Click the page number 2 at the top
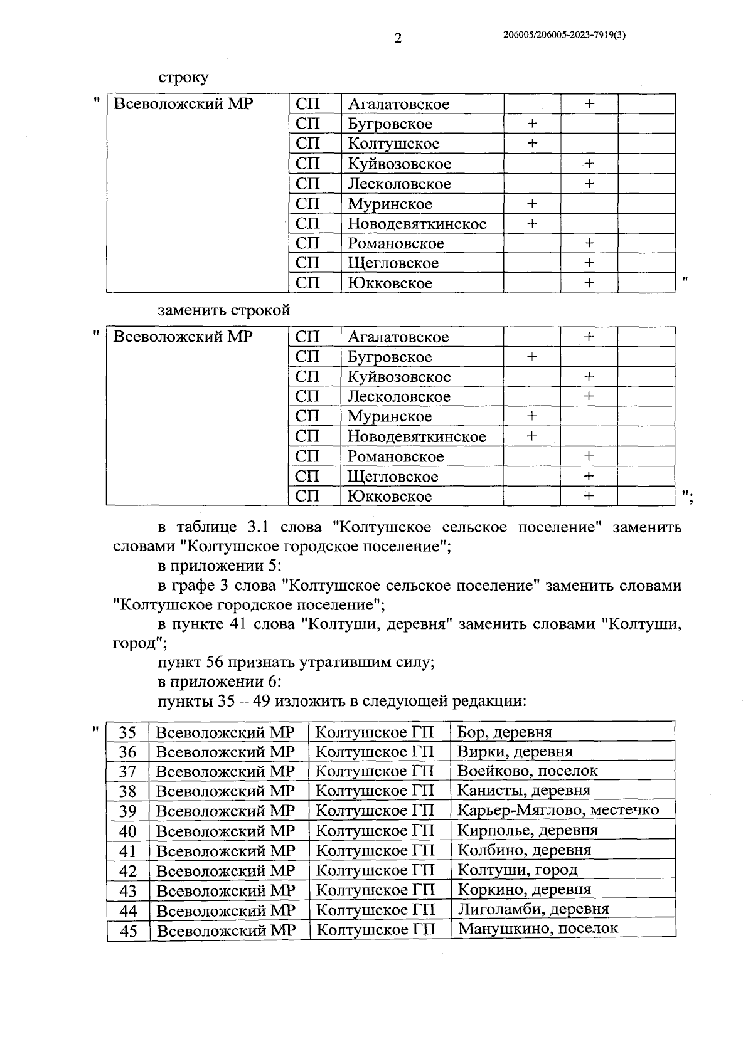click(397, 39)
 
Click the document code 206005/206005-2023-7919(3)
click(564, 36)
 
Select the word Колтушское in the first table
click(393, 144)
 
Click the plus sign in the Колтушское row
click(531, 144)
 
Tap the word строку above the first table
click(183, 78)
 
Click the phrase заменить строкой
click(224, 310)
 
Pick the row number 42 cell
click(128, 871)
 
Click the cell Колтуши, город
click(518, 870)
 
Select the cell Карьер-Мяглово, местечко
click(558, 809)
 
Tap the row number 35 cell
click(127, 732)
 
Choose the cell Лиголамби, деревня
click(533, 909)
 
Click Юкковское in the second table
click(389, 497)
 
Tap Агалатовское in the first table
click(398, 104)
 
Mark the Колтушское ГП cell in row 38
click(374, 790)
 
